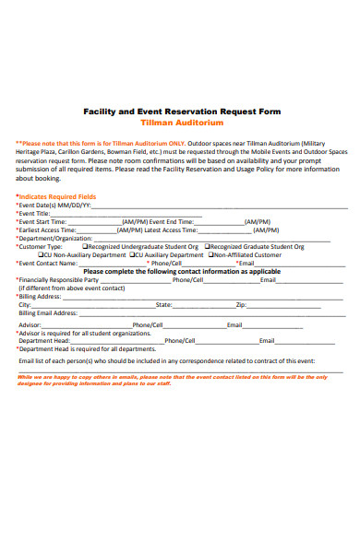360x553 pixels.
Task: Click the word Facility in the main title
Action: [102, 109]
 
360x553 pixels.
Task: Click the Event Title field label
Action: [35, 213]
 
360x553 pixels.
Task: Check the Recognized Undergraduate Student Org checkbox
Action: [85, 246]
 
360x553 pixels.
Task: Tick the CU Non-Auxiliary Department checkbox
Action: [41, 254]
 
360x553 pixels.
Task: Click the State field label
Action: [163, 304]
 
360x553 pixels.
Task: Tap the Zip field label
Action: [241, 304]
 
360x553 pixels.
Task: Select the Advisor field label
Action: [30, 325]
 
